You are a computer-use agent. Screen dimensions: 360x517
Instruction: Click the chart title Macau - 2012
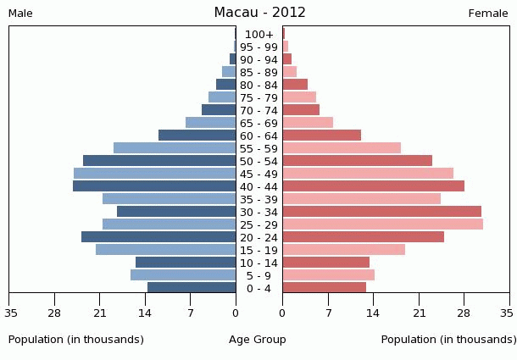pyautogui.click(x=259, y=13)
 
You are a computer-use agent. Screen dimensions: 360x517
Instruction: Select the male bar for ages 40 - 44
pyautogui.click(x=154, y=186)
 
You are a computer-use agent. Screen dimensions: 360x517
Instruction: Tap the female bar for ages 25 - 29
pyautogui.click(x=382, y=224)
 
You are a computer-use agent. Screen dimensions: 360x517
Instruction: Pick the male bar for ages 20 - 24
pyautogui.click(x=158, y=237)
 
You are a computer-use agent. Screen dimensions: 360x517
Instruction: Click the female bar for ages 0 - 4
pyautogui.click(x=324, y=288)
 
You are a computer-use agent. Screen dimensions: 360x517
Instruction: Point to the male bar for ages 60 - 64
pyautogui.click(x=197, y=136)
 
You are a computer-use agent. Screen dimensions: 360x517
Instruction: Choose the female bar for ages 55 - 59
pyautogui.click(x=342, y=148)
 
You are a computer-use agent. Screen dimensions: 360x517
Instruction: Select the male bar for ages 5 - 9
pyautogui.click(x=183, y=275)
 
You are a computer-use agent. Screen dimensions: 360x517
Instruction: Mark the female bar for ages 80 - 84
pyautogui.click(x=295, y=85)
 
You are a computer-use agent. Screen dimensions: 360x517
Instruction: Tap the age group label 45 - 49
pyautogui.click(x=259, y=174)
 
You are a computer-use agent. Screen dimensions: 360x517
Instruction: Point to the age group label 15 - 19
pyautogui.click(x=259, y=250)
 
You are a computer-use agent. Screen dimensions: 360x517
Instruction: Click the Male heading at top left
pyautogui.click(x=20, y=14)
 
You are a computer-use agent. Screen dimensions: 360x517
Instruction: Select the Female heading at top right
pyautogui.click(x=488, y=14)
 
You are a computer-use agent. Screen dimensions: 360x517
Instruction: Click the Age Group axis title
pyautogui.click(x=258, y=340)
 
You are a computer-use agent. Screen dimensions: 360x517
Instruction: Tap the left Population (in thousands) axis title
pyautogui.click(x=76, y=340)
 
